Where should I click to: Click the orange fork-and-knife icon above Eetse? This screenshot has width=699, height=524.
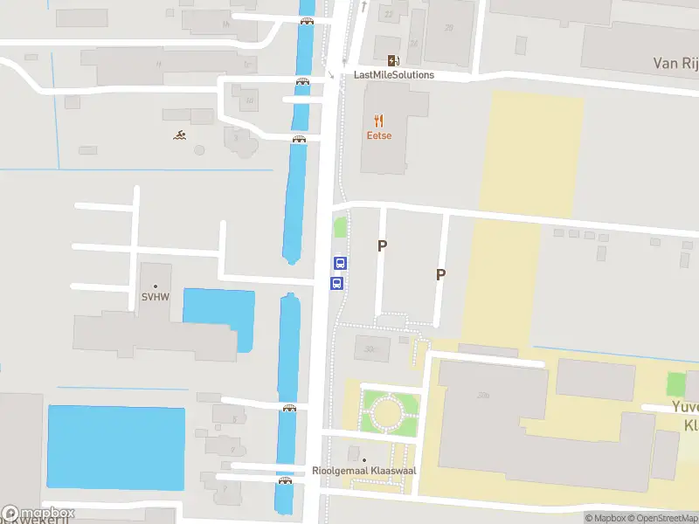coord(378,121)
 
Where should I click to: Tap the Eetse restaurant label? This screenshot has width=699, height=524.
coord(378,135)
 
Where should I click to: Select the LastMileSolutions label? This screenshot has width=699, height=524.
coord(393,75)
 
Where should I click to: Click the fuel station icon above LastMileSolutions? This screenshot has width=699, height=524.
coord(393,60)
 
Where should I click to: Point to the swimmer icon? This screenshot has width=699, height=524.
coord(179,134)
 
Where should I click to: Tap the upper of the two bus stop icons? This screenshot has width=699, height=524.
coord(341,263)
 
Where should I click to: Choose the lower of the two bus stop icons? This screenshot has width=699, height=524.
coord(336,283)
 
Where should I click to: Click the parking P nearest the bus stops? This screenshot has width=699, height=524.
coord(381,246)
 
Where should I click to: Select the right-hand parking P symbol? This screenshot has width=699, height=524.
coord(440,274)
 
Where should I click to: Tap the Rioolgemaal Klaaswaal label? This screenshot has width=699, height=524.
coord(364,471)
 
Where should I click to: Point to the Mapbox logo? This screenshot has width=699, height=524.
coord(38,514)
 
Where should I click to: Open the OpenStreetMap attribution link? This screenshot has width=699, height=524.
coord(659,518)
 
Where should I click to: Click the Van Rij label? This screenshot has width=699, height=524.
coord(675,63)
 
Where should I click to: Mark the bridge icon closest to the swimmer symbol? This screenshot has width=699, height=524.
coord(299,139)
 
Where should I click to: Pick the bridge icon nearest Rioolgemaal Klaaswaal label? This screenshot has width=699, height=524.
coord(285,480)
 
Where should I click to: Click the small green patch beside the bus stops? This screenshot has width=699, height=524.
coord(340,228)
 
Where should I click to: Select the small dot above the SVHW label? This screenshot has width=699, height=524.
coord(156,286)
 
